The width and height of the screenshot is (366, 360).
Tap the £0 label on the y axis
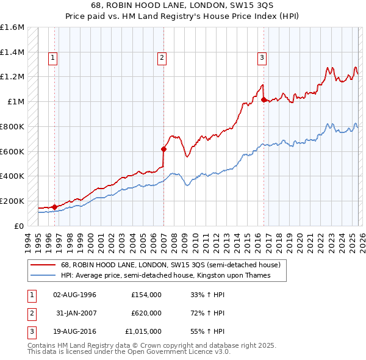20,226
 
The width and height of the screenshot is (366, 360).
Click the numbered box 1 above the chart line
53,58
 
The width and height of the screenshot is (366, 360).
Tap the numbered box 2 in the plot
162,58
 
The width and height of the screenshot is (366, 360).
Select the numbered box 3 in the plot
262,58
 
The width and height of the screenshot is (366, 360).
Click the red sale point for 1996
55,207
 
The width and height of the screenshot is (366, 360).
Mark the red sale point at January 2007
163,149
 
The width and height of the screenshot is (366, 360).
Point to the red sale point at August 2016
264,100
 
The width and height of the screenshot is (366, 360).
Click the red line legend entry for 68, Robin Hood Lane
170,265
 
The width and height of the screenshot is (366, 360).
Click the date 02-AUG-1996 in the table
75,294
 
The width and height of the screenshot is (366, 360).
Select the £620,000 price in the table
146,313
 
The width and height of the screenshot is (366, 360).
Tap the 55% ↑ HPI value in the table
208,332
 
